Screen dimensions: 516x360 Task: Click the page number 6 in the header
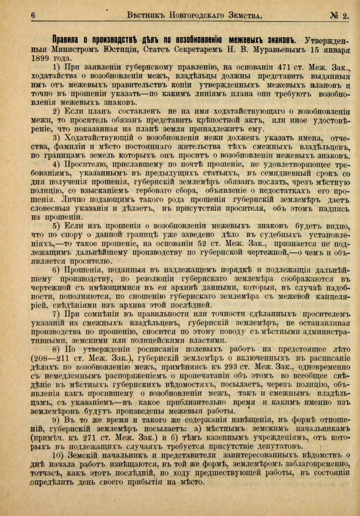pyautogui.click(x=33, y=15)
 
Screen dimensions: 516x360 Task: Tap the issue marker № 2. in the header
pyautogui.click(x=340, y=15)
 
